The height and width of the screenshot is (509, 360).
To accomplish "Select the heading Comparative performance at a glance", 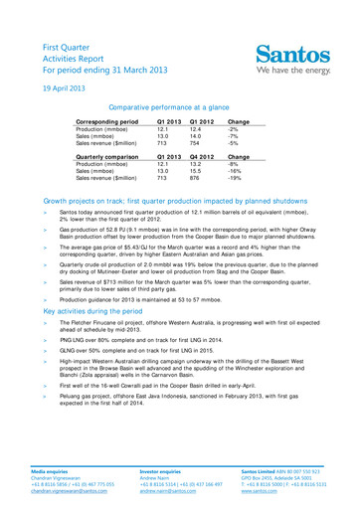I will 179,105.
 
